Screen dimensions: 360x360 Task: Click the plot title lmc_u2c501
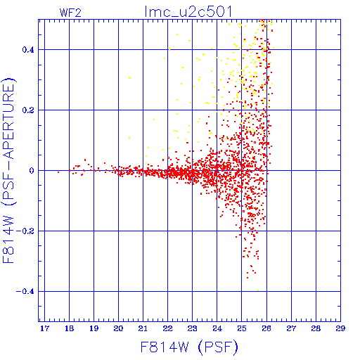pyautogui.click(x=188, y=12)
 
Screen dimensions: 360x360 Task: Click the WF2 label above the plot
pyautogui.click(x=70, y=13)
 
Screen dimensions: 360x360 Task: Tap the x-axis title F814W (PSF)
pyautogui.click(x=189, y=347)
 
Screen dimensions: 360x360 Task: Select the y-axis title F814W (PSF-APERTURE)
pyautogui.click(x=8, y=170)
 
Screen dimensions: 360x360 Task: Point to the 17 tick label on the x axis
pyautogui.click(x=44, y=328)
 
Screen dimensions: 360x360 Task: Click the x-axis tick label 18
pyautogui.click(x=69, y=328)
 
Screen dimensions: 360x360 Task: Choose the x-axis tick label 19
pyautogui.click(x=94, y=328)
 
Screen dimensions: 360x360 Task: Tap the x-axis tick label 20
pyautogui.click(x=118, y=328)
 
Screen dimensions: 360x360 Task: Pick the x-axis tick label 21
pyautogui.click(x=143, y=328)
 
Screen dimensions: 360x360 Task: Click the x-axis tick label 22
pyautogui.click(x=168, y=328)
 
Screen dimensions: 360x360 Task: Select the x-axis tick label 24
pyautogui.click(x=217, y=328)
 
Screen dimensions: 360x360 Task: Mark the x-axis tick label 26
pyautogui.click(x=266, y=328)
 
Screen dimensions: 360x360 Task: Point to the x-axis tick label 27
pyautogui.click(x=291, y=328)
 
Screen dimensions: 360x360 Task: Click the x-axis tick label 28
pyautogui.click(x=316, y=328)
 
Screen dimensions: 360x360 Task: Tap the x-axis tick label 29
pyautogui.click(x=340, y=328)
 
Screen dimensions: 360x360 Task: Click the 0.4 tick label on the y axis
pyautogui.click(x=28, y=50)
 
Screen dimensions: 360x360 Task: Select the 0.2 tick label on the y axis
pyautogui.click(x=28, y=110)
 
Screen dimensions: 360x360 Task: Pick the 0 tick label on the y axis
pyautogui.click(x=32, y=171)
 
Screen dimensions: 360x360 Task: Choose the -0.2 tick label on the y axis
pyautogui.click(x=25, y=231)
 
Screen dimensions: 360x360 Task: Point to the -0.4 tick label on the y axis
pyautogui.click(x=25, y=292)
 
